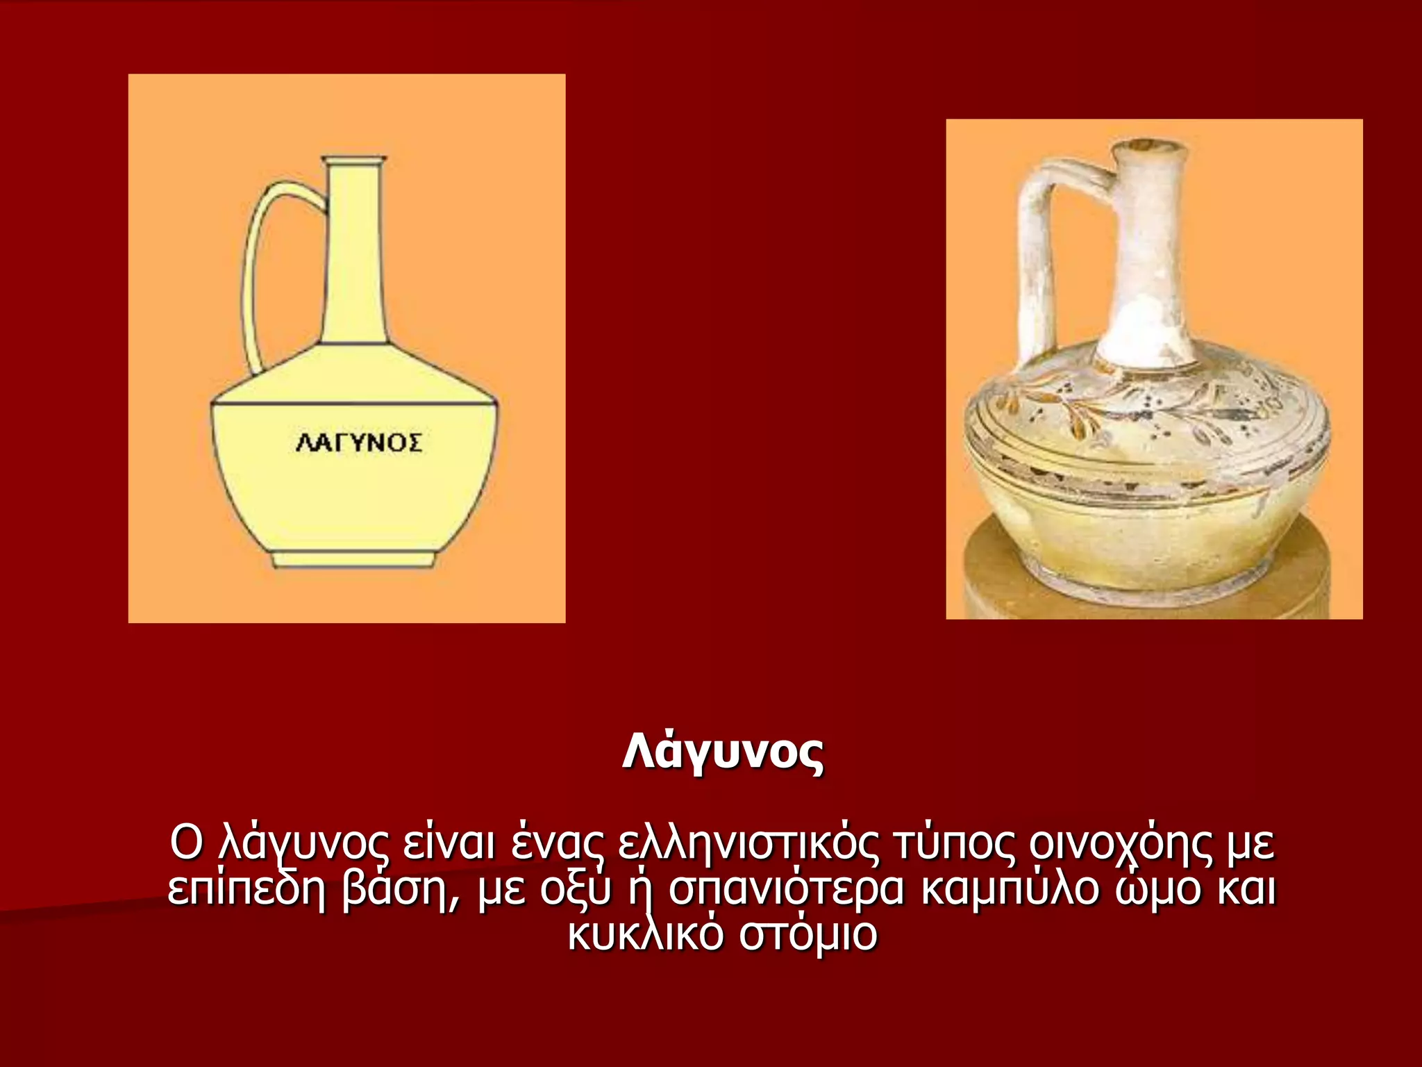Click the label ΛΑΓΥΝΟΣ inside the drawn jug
pyautogui.click(x=358, y=442)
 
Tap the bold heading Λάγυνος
pyautogui.click(x=723, y=752)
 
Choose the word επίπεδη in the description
pyautogui.click(x=246, y=890)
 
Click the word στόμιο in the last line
pyautogui.click(x=808, y=935)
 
